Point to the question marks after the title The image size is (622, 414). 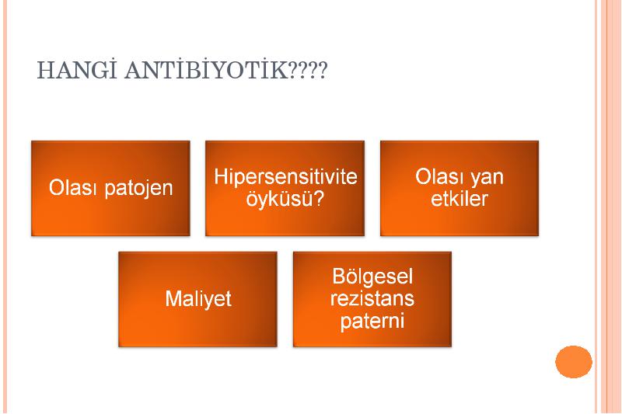307,71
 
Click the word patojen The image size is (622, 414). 139,189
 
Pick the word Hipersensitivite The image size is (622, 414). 285,176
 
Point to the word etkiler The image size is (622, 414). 460,199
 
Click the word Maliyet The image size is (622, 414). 198,299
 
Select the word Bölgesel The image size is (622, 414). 372,277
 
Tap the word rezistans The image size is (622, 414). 372,299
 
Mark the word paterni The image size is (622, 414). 372,322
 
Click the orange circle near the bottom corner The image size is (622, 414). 574,362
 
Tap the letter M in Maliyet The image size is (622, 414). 173,299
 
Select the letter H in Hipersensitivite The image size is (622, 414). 220,176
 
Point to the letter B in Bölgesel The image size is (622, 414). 339,277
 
